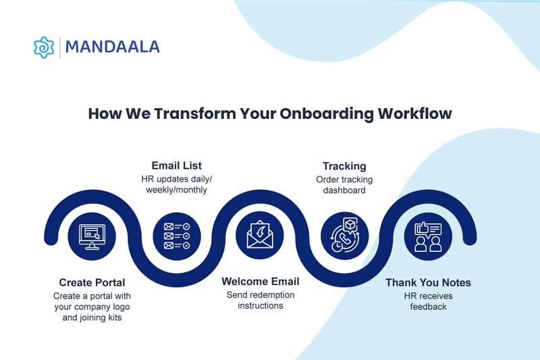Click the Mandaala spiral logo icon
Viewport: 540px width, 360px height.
44,47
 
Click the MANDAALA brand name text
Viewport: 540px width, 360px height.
112,47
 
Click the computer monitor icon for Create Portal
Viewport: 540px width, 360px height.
92,237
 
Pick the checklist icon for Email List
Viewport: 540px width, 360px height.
176,236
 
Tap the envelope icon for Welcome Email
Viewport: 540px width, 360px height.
260,236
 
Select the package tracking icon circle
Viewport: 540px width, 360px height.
344,236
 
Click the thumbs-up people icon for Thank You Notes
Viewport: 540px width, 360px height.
428,237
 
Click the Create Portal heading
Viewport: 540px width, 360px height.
92,282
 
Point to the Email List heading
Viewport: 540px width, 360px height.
176,165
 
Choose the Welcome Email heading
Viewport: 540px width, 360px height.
261,281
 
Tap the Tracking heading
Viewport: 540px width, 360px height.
344,166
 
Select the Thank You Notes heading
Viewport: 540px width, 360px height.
428,282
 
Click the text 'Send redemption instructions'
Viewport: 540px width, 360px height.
261,300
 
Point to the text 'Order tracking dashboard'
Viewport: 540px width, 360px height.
344,185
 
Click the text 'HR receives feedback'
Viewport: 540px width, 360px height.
428,301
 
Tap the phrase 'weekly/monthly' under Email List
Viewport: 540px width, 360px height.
176,190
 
